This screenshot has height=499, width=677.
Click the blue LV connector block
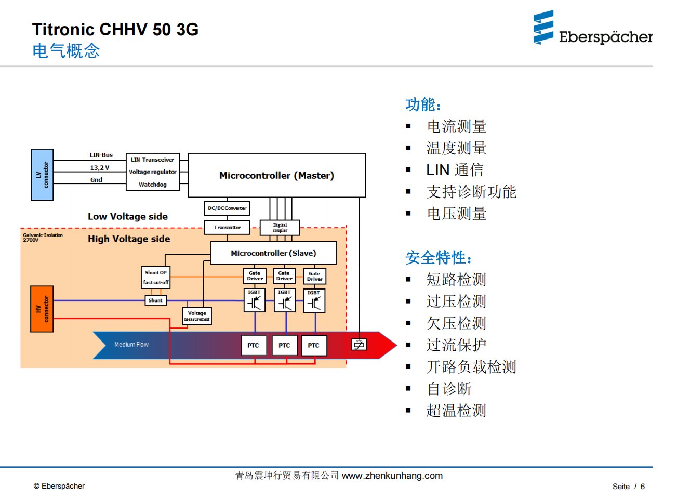tap(42, 175)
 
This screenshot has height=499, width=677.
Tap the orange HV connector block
tap(42, 309)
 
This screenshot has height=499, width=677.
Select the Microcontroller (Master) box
tap(276, 175)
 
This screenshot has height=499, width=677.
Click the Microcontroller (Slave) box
tap(273, 253)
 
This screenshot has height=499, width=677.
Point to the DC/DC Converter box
tap(227, 208)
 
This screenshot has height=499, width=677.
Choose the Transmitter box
tap(227, 227)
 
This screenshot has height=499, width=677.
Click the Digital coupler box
tap(280, 228)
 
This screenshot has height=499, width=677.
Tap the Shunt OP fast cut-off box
tap(156, 278)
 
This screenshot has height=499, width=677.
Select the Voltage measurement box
tap(197, 316)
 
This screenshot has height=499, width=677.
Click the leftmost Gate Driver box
tap(255, 275)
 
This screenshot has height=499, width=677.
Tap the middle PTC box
tap(284, 345)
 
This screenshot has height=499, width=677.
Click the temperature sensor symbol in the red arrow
tap(359, 344)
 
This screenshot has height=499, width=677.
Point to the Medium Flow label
tap(131, 344)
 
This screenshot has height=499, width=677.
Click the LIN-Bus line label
tap(101, 155)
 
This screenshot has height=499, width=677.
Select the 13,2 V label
tap(100, 167)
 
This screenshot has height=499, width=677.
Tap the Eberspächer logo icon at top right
tap(543, 28)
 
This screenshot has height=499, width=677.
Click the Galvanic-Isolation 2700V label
tap(43, 238)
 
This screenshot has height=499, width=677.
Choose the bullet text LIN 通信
tap(455, 170)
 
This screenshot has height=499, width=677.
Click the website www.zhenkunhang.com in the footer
tap(392, 476)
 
